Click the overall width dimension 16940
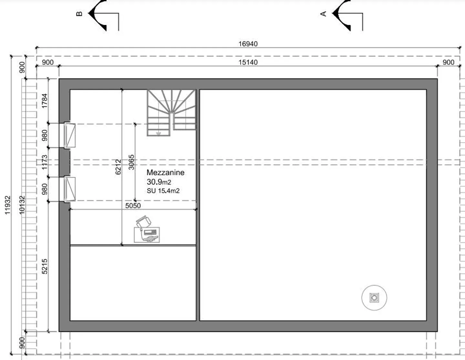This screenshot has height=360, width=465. [248, 44]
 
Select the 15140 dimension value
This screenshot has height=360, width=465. [248, 62]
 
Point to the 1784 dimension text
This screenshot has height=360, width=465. [45, 101]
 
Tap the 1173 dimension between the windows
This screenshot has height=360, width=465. [45, 162]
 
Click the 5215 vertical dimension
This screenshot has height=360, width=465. [45, 266]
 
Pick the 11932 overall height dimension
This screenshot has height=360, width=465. [8, 205]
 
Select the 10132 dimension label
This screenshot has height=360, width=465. [22, 205]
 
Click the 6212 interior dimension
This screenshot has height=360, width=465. [118, 167]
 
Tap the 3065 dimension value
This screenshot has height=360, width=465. [131, 162]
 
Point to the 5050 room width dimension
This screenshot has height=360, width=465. [133, 205]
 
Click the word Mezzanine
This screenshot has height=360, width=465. [165, 173]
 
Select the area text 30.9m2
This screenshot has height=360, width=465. [159, 182]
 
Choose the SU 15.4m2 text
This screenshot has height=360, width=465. [163, 191]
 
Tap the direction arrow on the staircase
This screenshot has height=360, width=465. [158, 134]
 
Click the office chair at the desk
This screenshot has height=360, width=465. [144, 222]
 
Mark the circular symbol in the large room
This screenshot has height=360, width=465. [374, 297]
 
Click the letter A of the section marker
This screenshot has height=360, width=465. [323, 14]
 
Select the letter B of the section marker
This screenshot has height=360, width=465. [79, 14]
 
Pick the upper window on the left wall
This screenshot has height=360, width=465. [69, 135]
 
